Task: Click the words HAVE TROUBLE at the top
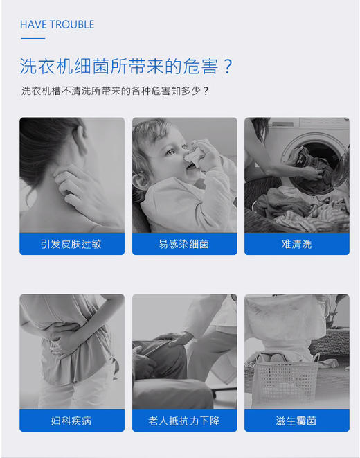click(x=57, y=25)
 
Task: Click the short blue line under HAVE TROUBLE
click(x=33, y=39)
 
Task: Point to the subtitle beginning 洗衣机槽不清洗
click(x=115, y=91)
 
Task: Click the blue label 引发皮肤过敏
click(x=72, y=244)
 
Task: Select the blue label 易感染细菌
click(x=184, y=244)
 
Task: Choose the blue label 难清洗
click(x=296, y=244)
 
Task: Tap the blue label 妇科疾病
click(x=72, y=421)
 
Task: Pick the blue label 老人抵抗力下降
click(x=184, y=421)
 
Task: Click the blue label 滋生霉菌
click(x=296, y=421)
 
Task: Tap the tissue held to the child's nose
click(x=196, y=156)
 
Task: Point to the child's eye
click(x=168, y=152)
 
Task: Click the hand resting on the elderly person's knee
click(x=174, y=339)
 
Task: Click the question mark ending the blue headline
click(x=227, y=67)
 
